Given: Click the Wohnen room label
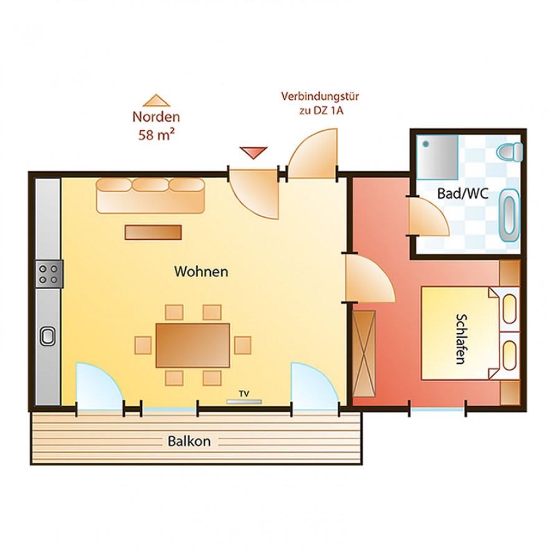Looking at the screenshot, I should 201,272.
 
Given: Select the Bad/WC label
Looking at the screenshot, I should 462,194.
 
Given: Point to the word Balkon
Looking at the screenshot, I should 189,442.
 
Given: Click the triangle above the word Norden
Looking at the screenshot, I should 156,100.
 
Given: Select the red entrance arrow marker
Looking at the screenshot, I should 254,152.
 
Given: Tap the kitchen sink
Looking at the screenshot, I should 49,337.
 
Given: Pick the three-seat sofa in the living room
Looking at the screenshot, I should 150,195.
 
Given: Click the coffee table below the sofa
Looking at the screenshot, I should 153,233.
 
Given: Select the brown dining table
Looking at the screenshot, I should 193,345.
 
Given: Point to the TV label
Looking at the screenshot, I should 244,393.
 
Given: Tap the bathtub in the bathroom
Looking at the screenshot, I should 509,215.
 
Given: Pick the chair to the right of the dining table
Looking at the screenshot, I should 243,345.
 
